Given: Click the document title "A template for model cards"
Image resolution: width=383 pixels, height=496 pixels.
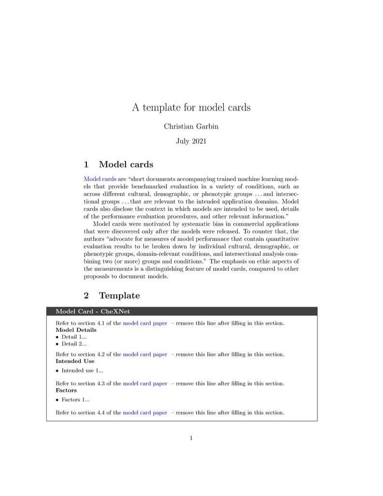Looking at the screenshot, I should point(191,107).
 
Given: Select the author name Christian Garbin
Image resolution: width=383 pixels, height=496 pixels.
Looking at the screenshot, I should point(191,126).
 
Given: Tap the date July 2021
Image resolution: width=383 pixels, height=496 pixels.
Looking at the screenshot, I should point(191,141).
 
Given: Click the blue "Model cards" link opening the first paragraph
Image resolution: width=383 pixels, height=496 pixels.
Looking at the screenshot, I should point(100,179).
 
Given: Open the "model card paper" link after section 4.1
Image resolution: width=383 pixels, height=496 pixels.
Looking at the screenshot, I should point(145,323).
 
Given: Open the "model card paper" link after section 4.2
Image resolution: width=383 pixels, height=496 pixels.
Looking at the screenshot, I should point(145,354).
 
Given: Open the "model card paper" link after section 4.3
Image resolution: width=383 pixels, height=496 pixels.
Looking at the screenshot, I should point(145,384).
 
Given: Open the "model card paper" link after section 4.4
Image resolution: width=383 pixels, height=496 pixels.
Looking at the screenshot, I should point(145,413).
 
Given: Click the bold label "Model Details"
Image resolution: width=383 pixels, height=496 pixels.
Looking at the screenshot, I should point(76,330).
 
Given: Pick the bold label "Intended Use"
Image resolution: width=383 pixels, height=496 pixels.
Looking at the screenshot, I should point(75,361).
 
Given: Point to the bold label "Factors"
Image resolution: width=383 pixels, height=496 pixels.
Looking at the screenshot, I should point(66,390).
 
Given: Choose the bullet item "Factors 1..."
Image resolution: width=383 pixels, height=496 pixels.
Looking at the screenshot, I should point(75,400).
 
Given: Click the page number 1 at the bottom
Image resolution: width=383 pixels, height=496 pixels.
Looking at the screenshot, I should point(191,438).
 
